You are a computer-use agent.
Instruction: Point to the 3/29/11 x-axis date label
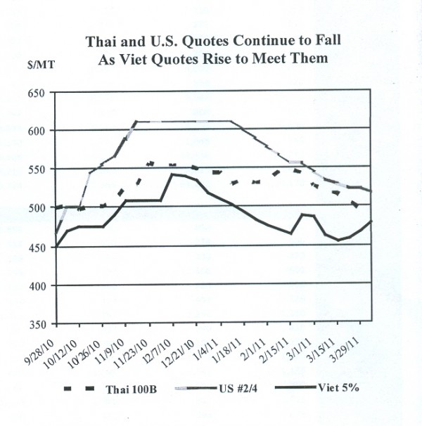350,347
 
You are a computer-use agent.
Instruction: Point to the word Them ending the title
312,58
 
